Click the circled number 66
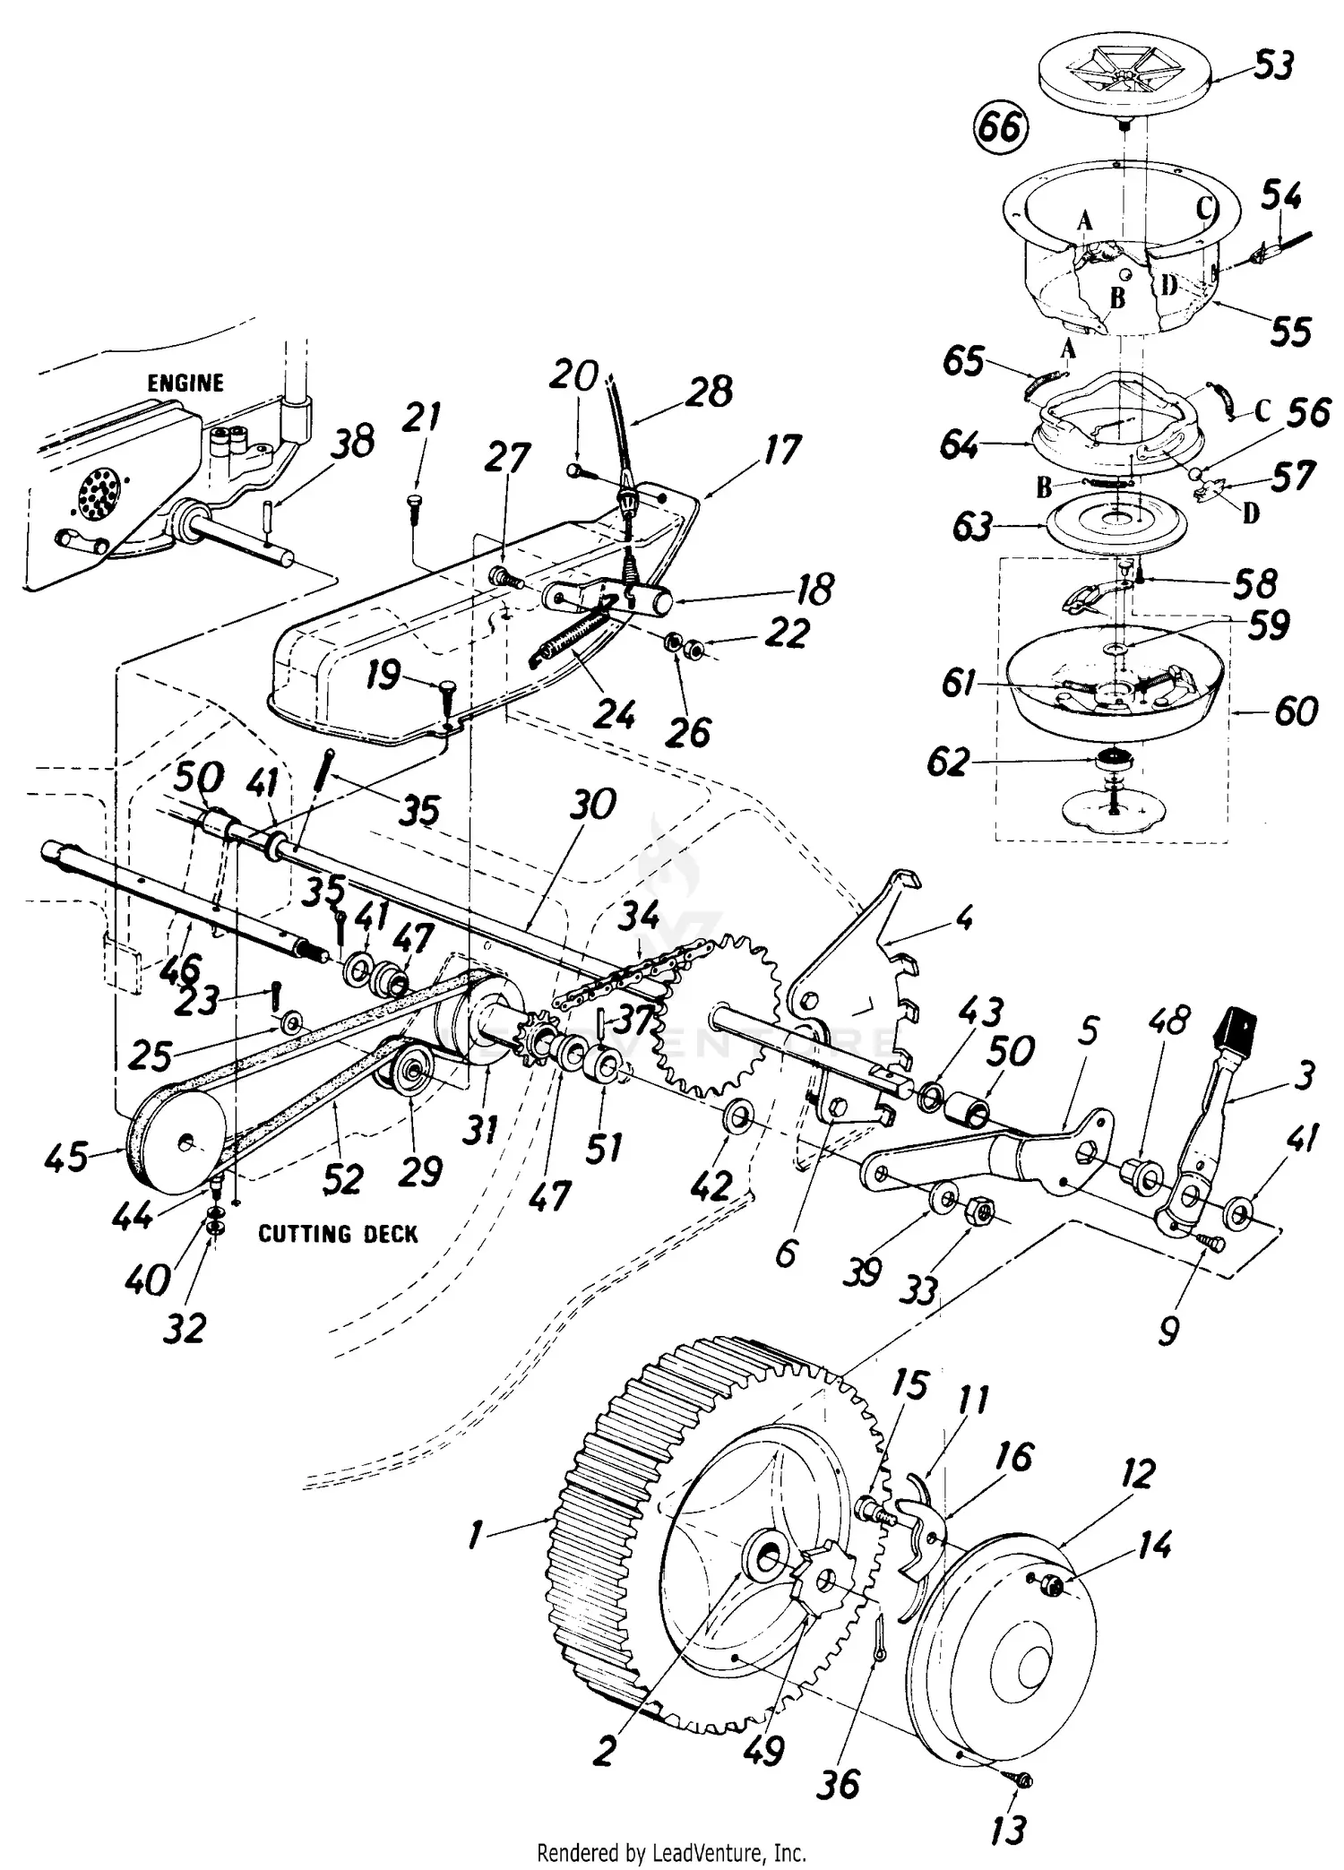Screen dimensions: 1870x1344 (1000, 128)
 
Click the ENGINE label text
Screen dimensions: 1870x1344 (185, 383)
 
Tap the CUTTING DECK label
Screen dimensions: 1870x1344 (338, 1235)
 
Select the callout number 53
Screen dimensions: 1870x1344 (1273, 66)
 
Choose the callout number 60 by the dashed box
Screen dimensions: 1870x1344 (1296, 711)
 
